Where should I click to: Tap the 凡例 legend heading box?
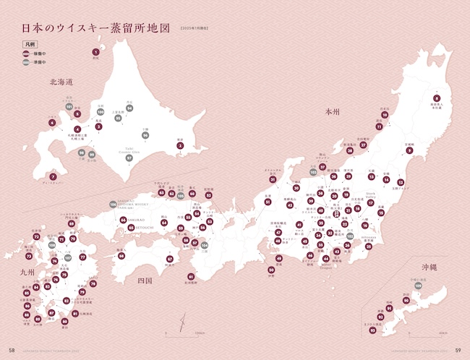click(x=30, y=45)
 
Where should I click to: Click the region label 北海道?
click(x=61, y=82)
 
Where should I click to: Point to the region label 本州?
click(x=332, y=112)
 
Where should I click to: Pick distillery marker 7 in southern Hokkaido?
click(x=52, y=176)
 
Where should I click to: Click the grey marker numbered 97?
click(x=129, y=158)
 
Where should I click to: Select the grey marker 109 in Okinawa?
click(x=418, y=288)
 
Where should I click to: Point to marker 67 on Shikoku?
click(x=170, y=259)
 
